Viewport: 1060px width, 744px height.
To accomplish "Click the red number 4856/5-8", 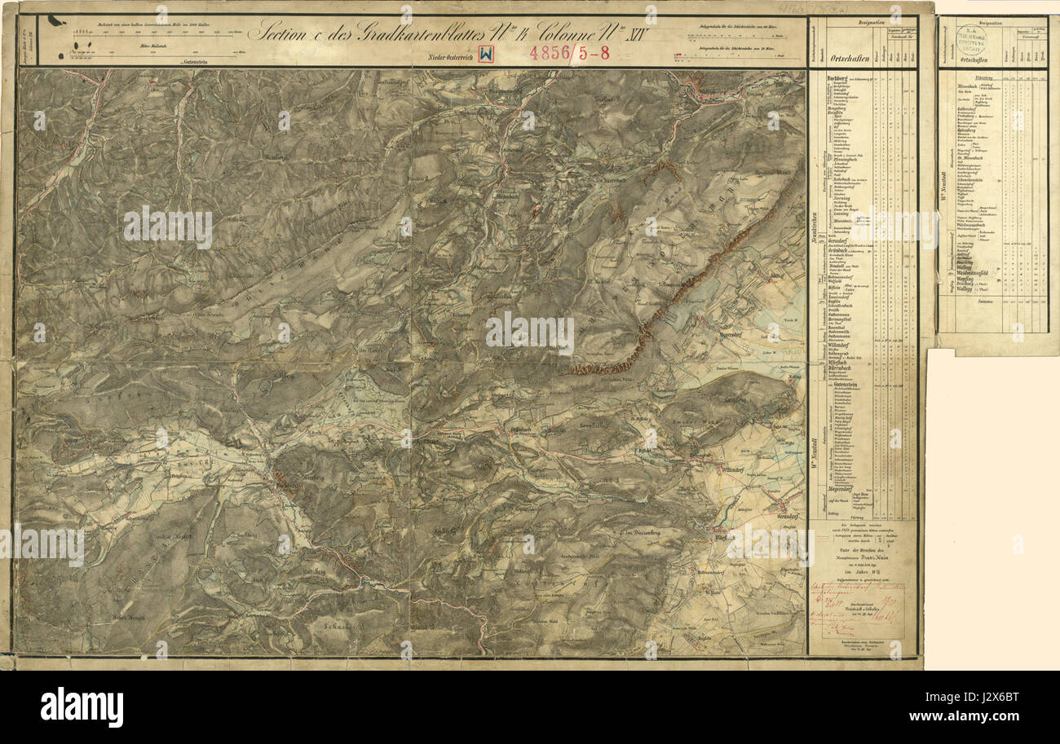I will (569, 54).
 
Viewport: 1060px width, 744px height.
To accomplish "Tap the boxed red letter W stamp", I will (486, 54).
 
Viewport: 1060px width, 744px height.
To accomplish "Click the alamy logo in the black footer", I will (82, 706).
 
